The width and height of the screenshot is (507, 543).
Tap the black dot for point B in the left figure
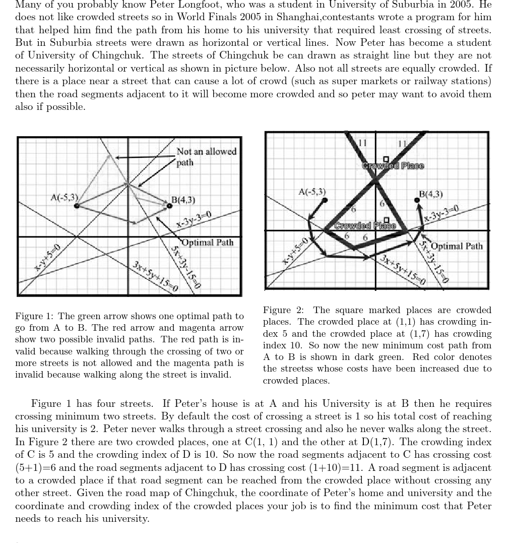click(x=169, y=205)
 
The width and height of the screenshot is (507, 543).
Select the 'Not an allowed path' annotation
click(x=206, y=156)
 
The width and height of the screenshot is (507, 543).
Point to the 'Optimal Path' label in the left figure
click(x=207, y=243)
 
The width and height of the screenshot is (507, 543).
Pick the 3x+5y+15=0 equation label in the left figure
click(x=155, y=277)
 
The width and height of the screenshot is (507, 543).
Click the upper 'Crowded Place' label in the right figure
click(x=393, y=165)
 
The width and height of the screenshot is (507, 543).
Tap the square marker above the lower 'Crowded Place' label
click(x=386, y=220)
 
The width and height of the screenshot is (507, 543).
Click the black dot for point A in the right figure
click(x=325, y=200)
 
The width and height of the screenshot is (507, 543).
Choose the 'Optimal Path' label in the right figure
click(x=457, y=246)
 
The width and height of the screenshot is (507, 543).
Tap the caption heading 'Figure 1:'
click(x=35, y=317)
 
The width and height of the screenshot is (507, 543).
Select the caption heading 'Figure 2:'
click(x=283, y=310)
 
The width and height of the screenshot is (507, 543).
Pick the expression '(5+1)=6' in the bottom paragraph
click(x=34, y=468)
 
